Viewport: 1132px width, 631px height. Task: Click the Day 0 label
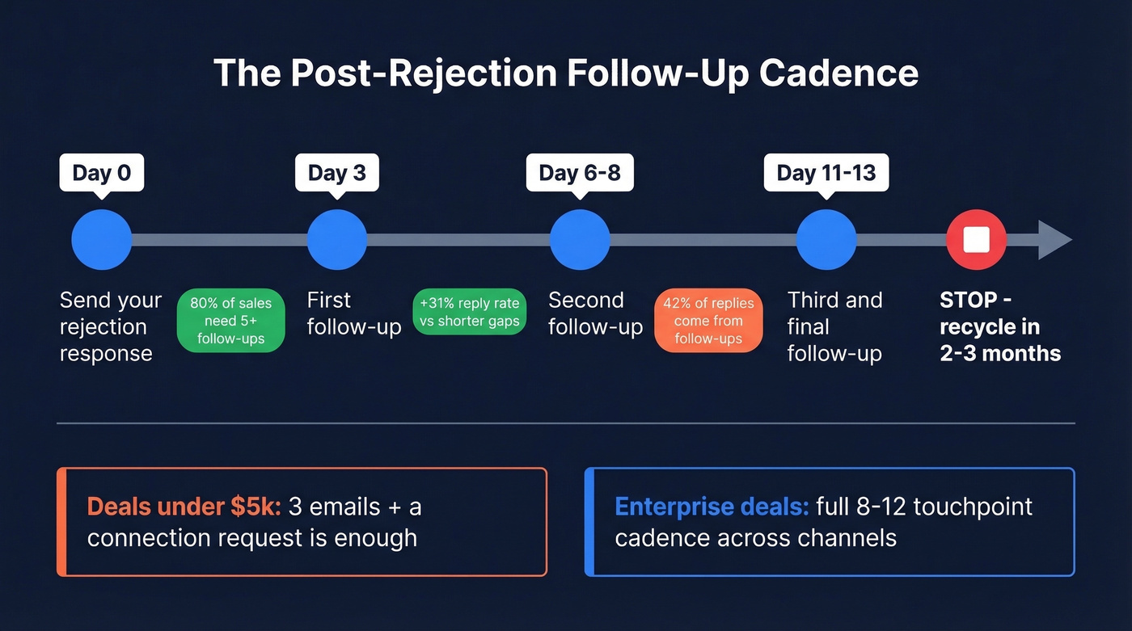[102, 173]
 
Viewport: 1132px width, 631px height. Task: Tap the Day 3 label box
[336, 173]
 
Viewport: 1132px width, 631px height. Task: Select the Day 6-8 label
[580, 173]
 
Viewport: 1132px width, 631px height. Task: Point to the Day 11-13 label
[826, 173]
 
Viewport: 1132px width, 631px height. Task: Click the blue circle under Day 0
[102, 240]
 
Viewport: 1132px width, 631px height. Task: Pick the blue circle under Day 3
[337, 240]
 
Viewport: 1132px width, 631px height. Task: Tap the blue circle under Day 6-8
[580, 240]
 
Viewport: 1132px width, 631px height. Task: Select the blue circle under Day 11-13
[826, 240]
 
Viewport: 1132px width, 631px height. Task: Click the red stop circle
[977, 240]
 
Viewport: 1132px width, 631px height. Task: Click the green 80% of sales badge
[231, 321]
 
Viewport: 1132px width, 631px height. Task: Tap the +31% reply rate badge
[470, 313]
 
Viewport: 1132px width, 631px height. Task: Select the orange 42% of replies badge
[708, 321]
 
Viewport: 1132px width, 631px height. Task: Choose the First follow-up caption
[353, 313]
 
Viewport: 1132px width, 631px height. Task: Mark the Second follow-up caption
[595, 313]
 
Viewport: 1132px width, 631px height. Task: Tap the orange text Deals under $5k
[184, 507]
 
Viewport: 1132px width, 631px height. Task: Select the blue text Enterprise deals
[712, 507]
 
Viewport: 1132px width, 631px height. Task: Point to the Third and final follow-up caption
[834, 326]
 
